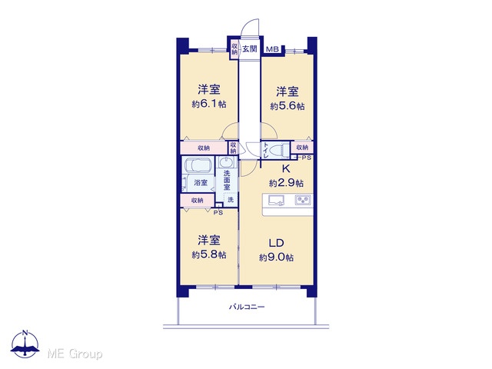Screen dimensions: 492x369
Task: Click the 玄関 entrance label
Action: [x=250, y=48]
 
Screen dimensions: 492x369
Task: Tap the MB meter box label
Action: [x=272, y=49]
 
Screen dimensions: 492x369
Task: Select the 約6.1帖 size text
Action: [x=209, y=104]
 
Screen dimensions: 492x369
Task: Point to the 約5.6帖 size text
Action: [x=288, y=106]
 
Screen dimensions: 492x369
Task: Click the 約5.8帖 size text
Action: [x=209, y=254]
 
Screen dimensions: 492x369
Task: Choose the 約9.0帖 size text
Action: [x=277, y=258]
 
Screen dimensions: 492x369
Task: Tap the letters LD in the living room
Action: [x=277, y=243]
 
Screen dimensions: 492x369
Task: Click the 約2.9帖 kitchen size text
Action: [x=286, y=183]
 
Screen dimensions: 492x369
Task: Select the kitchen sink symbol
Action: [x=276, y=200]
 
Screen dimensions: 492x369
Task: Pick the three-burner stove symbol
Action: [x=303, y=200]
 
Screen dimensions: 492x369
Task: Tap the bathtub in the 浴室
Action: [x=198, y=165]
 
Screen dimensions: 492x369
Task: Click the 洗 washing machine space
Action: [x=231, y=199]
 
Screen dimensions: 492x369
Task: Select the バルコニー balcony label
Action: [x=246, y=307]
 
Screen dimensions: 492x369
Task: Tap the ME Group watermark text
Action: [x=75, y=354]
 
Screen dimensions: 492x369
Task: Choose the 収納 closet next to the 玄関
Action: [x=234, y=48]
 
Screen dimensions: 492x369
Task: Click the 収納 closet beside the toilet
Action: [x=302, y=147]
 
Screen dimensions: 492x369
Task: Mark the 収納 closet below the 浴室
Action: [x=198, y=200]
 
